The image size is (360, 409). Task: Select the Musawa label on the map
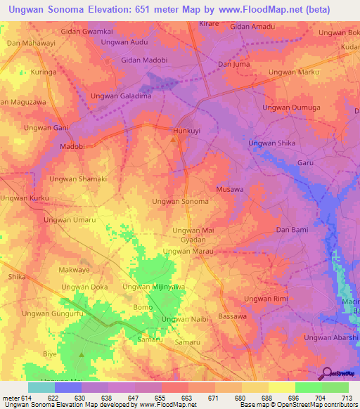coord(230,190)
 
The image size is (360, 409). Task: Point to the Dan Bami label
coord(292,230)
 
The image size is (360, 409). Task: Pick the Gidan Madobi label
coord(146,60)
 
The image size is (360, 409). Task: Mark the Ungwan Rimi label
coord(266,299)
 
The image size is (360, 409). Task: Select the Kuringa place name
coord(43,72)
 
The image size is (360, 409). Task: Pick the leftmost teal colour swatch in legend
coord(41,387)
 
